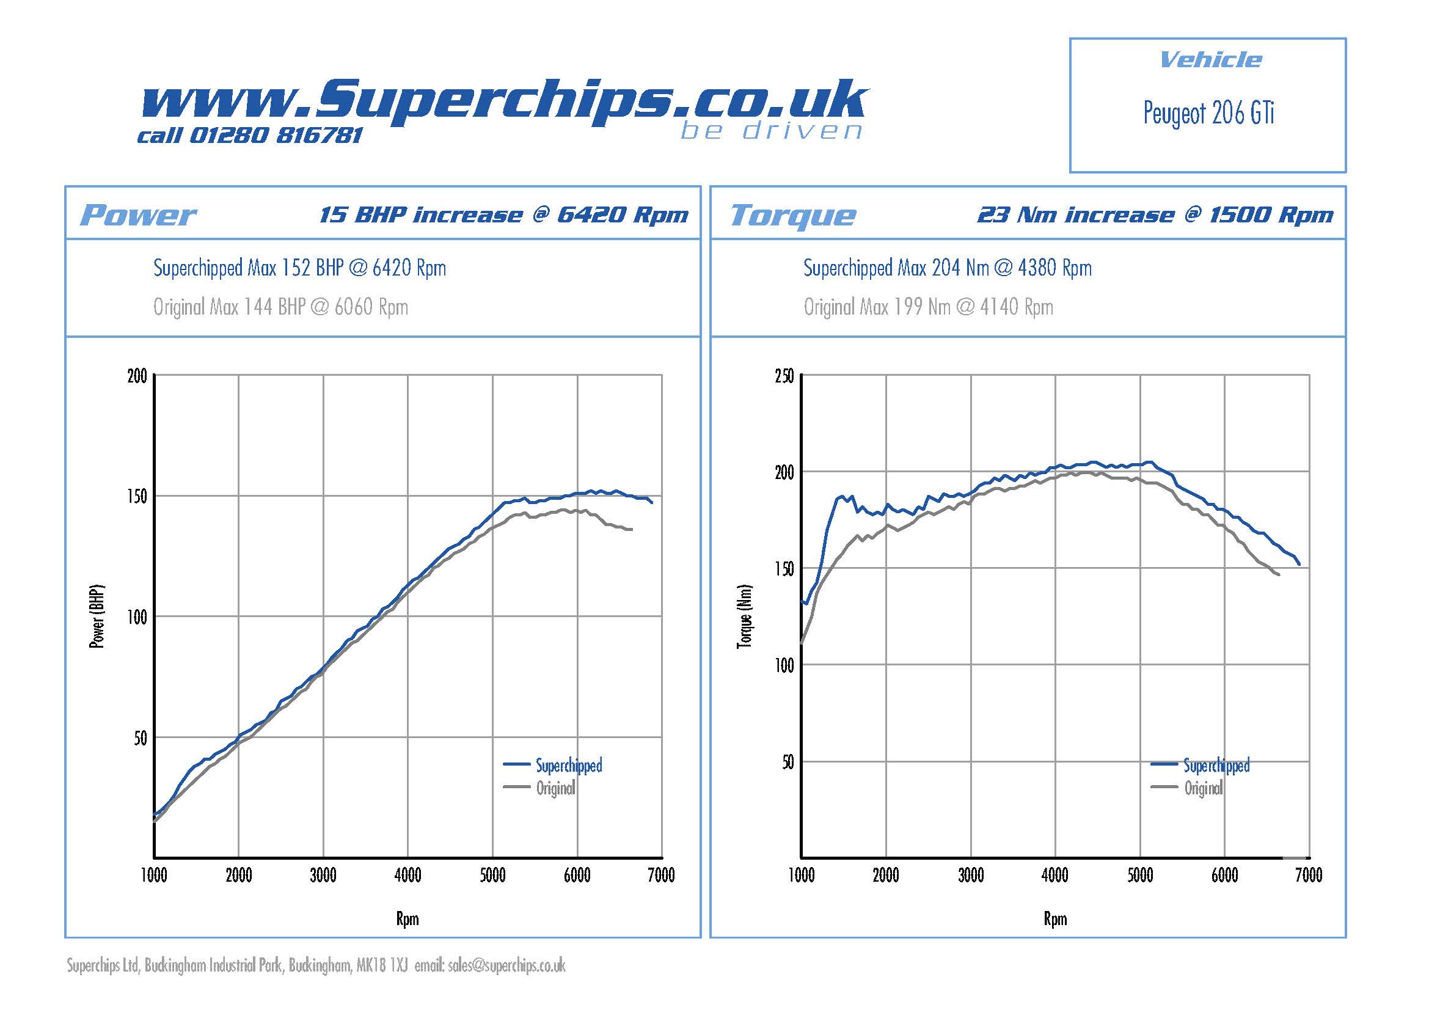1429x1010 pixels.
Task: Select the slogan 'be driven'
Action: point(771,131)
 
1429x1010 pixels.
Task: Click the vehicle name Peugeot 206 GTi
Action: point(1208,113)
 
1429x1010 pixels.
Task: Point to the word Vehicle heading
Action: point(1210,60)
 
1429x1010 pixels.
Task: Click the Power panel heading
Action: point(138,215)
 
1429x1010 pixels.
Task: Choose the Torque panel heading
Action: point(793,216)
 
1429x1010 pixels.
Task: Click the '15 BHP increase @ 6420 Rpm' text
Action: point(503,214)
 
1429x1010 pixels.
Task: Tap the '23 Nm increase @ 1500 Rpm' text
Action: point(1155,214)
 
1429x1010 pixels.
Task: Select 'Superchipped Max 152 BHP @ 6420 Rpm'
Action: point(299,268)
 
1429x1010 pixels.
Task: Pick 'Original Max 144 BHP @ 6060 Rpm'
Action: point(280,307)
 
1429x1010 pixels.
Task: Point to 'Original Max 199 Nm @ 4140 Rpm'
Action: point(928,307)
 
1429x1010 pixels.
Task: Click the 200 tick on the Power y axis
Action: point(137,376)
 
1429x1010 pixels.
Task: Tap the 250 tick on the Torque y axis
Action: point(784,376)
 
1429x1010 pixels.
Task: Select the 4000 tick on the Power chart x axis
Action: point(408,876)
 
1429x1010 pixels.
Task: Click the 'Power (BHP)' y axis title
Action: point(97,616)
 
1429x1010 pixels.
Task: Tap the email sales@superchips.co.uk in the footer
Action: point(506,965)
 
